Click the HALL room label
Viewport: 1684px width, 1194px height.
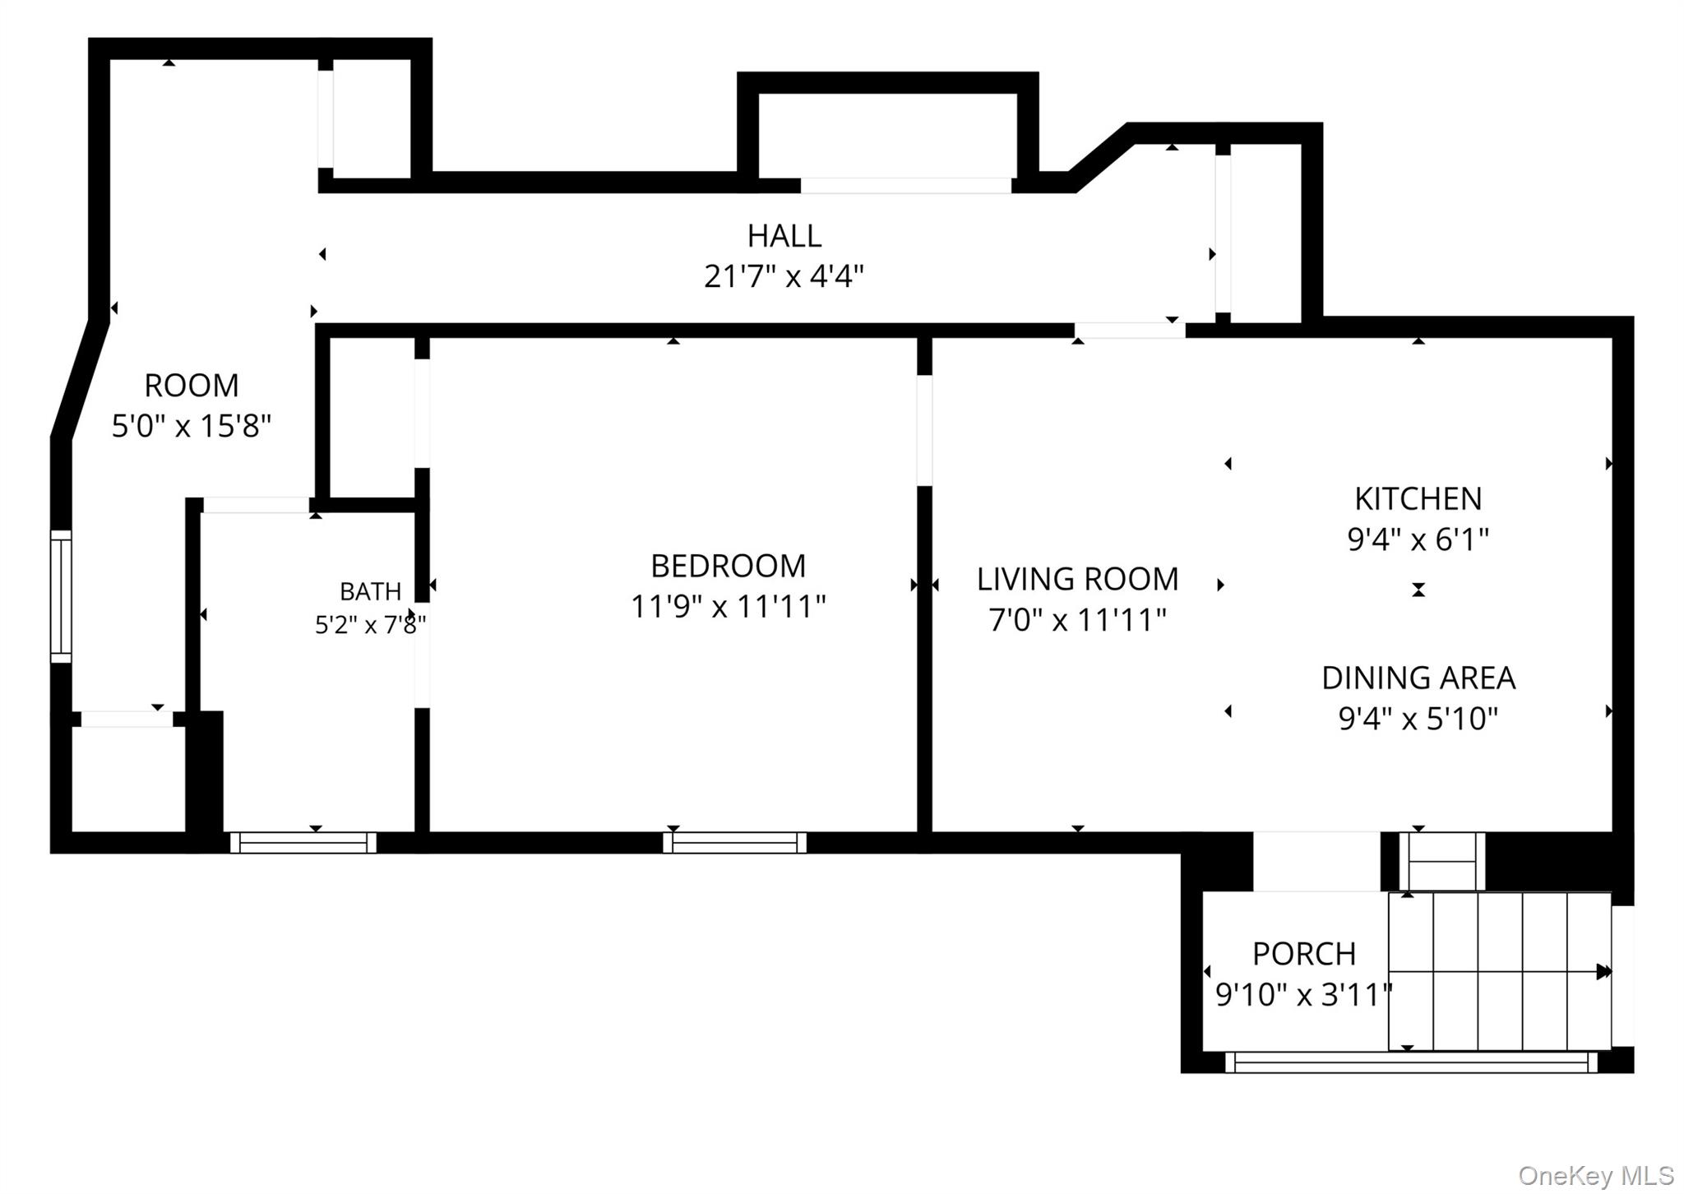coord(784,236)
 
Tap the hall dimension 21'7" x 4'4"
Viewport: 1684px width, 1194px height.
coord(784,276)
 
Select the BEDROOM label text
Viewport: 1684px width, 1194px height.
coord(728,566)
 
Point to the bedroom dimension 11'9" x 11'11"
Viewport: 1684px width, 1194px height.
coord(728,607)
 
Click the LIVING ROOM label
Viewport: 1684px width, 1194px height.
coord(1077,579)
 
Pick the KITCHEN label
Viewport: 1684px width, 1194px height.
coord(1418,498)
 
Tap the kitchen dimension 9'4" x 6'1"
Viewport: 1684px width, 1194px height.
coord(1418,539)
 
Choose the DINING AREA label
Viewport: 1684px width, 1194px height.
coord(1418,678)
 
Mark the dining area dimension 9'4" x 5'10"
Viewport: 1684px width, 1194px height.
coord(1418,719)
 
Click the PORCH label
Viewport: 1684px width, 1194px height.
coord(1303,954)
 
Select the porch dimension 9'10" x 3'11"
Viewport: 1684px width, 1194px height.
coord(1303,995)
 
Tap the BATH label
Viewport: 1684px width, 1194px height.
coord(370,591)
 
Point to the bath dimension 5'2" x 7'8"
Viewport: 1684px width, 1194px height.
coord(370,625)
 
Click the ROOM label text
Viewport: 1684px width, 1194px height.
coord(192,385)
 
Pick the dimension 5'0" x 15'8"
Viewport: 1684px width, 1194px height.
coord(192,426)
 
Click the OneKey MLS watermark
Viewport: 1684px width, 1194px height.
coord(1595,1175)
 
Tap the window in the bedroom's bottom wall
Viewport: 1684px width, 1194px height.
coord(735,842)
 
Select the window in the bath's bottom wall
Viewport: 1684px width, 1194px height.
coord(303,842)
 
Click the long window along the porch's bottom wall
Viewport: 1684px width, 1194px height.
coord(1411,1062)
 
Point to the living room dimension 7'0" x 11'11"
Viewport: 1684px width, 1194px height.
coord(1077,620)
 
